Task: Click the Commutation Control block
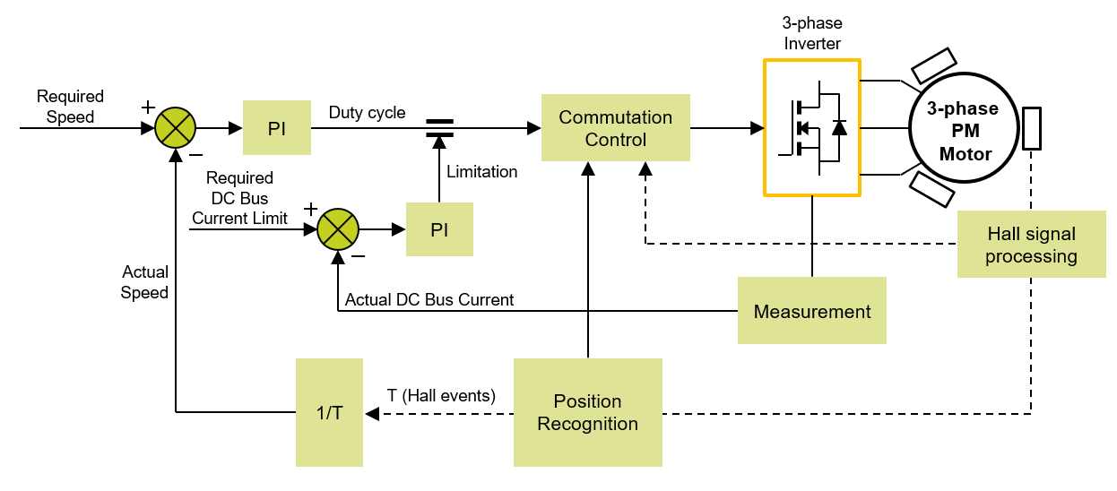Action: [x=615, y=128]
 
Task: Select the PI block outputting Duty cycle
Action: [x=277, y=128]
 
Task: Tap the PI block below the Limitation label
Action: [x=439, y=229]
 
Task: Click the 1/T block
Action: [x=329, y=412]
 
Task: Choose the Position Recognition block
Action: [x=587, y=412]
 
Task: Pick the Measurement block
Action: [x=811, y=311]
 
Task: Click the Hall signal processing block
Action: [x=1031, y=245]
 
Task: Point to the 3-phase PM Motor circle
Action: [x=964, y=131]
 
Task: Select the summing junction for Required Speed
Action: [x=175, y=128]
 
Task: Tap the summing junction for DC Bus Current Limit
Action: [x=338, y=228]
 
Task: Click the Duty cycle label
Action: [x=367, y=113]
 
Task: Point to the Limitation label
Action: [x=481, y=172]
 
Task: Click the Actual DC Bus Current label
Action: [x=429, y=300]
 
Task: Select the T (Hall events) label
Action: [x=441, y=395]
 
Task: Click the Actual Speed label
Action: [x=145, y=282]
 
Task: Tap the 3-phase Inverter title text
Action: [x=812, y=32]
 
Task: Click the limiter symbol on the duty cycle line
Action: [x=439, y=128]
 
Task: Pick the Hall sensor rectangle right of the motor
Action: [x=1032, y=128]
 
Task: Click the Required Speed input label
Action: [x=70, y=106]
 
